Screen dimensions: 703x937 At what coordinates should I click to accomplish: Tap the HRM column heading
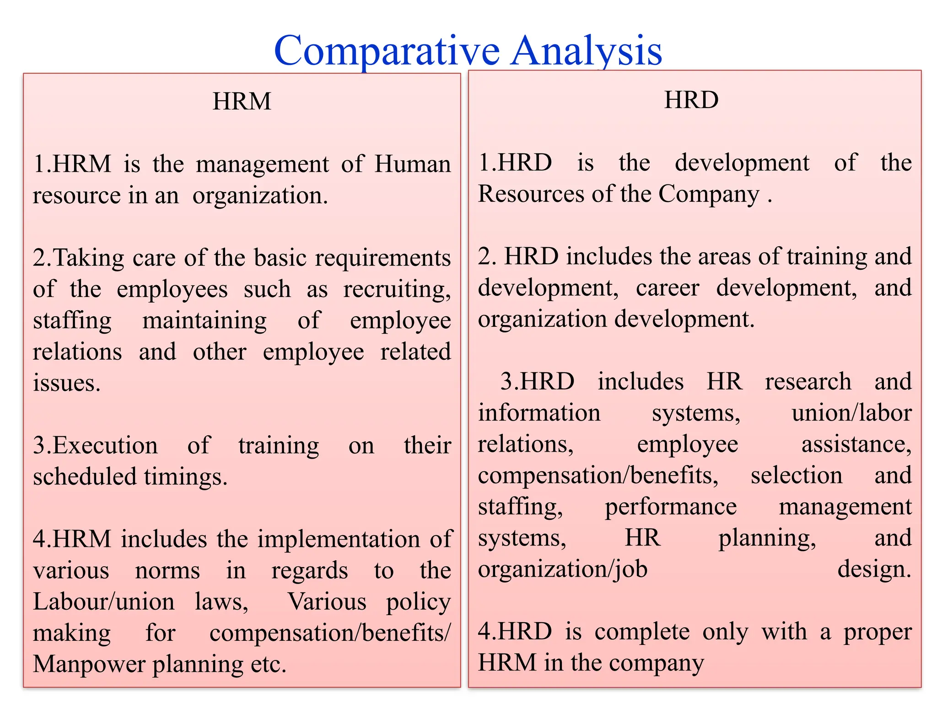pos(242,101)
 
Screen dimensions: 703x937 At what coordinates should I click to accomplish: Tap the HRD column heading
pos(691,100)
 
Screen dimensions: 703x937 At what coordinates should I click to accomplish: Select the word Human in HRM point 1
pos(412,164)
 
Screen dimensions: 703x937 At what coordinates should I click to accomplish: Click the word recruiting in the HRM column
pos(397,289)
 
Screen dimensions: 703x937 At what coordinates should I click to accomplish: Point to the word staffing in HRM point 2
pos(72,320)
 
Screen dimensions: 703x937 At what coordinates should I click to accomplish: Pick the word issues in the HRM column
pos(66,383)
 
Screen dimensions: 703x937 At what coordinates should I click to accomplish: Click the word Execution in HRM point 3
pos(95,445)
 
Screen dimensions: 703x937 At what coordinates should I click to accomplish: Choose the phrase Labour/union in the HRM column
pos(104,601)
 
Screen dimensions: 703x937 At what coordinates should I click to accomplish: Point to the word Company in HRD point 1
pos(709,194)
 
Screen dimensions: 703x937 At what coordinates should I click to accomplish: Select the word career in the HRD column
pos(668,288)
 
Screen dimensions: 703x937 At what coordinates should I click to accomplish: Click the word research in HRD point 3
pos(808,382)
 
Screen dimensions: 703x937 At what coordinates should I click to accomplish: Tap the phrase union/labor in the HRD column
pos(851,413)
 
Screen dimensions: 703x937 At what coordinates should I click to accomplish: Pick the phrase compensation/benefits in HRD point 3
pos(598,476)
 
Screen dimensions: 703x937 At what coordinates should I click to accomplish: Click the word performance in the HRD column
pos(671,507)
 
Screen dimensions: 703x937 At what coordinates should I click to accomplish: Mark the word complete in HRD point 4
pos(642,632)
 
